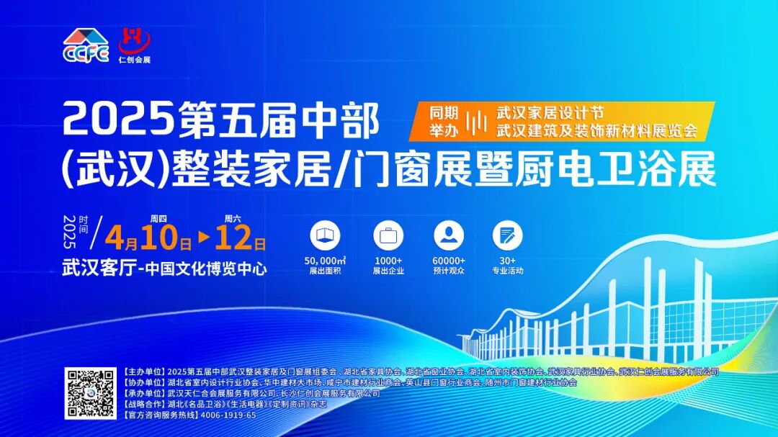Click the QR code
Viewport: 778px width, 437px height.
89,394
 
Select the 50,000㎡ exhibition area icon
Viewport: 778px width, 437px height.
325,236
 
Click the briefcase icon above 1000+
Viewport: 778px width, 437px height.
388,236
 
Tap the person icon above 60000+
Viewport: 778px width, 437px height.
449,236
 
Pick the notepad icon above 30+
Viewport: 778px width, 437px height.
508,236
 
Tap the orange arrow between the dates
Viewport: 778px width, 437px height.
204,237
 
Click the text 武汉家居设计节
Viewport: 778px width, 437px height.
549,114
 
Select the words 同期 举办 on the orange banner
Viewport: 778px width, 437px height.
444,122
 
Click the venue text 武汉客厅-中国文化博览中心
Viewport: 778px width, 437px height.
164,269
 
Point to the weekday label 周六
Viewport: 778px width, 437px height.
232,218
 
